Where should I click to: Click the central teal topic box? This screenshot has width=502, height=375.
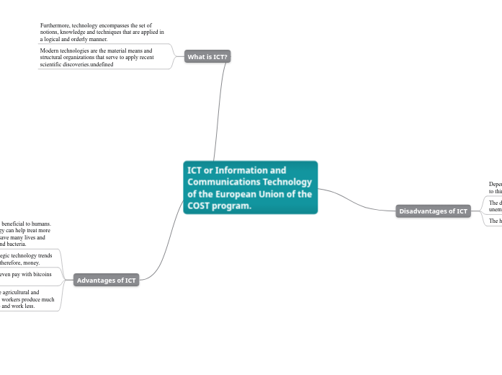coord(250,187)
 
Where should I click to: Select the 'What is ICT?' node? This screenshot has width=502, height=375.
coord(207,56)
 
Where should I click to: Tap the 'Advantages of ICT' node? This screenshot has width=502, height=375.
coord(106,280)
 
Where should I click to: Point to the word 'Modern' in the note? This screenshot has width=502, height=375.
coord(50,51)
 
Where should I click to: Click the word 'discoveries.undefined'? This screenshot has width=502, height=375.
coord(91,64)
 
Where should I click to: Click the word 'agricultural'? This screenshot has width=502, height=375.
coord(18,293)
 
